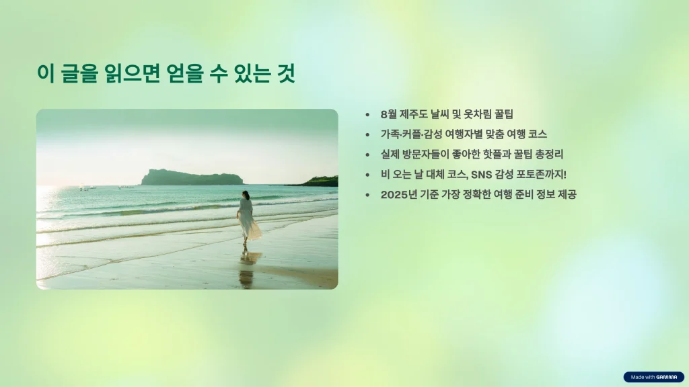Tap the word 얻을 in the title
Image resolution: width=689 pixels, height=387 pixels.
(x=185, y=73)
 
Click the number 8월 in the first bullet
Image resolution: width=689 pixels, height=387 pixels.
(x=388, y=114)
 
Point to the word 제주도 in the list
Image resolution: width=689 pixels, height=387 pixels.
(x=414, y=114)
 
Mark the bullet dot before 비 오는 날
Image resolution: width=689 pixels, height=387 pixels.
(x=367, y=175)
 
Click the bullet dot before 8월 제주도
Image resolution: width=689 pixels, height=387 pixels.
(x=367, y=114)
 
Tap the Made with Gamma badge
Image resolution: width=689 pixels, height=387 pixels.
(x=653, y=377)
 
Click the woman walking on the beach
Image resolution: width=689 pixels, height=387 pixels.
(x=248, y=218)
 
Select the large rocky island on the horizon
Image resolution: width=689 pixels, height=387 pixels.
(x=192, y=177)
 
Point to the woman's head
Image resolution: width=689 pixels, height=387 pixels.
(x=246, y=194)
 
